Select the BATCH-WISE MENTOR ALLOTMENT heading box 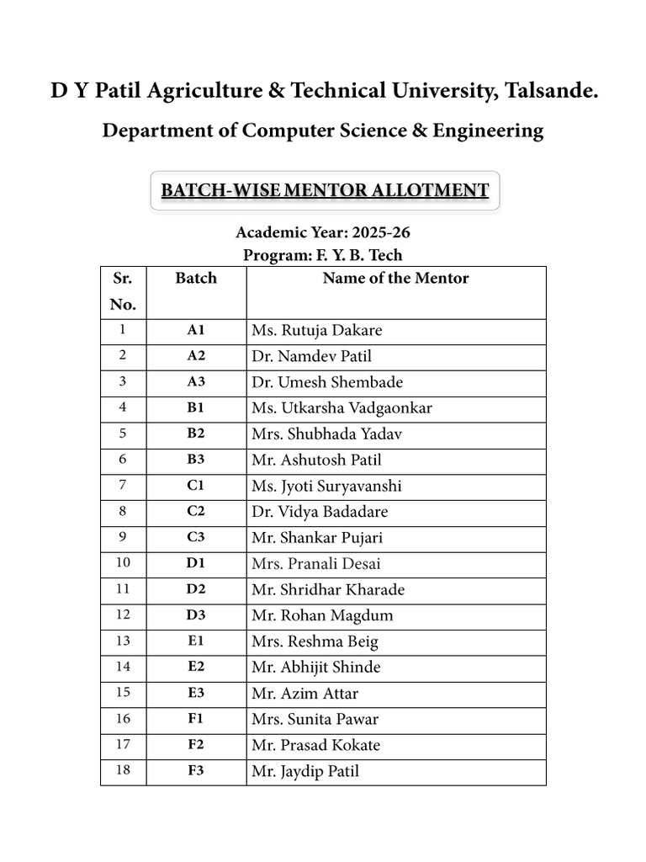tap(325, 190)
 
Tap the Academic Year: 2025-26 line tap(323, 232)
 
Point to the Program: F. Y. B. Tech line tap(323, 255)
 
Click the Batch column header tap(196, 279)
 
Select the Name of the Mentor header tap(395, 279)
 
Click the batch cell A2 tap(196, 356)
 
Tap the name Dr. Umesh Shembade tap(327, 382)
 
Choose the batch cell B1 tap(196, 408)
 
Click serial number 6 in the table tap(123, 460)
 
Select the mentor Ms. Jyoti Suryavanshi tap(326, 486)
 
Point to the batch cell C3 tap(196, 537)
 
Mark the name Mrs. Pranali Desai tap(315, 563)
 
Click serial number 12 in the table tap(123, 615)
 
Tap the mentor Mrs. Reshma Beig tap(315, 641)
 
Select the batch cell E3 tap(196, 693)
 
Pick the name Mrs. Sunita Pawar tap(315, 719)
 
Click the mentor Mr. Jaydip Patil tap(304, 771)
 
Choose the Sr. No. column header tap(123, 291)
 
